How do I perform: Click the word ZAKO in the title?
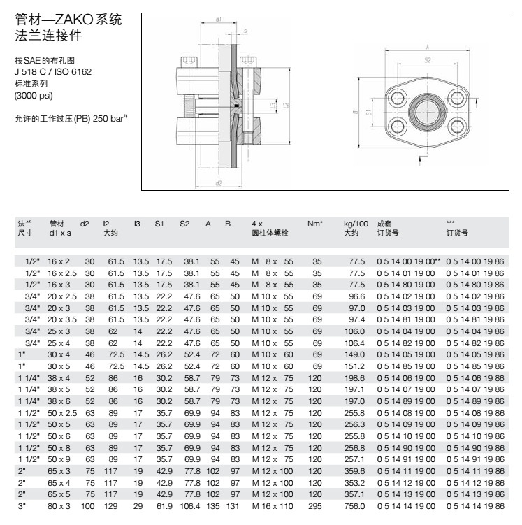coord(74,20)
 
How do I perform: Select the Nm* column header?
coord(315,224)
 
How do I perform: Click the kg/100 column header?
coord(356,224)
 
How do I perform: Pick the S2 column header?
coord(184,224)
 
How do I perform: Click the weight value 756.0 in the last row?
coord(354,506)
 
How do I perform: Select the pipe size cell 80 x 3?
coord(59,506)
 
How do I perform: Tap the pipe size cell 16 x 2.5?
coord(62,273)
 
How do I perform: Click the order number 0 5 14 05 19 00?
coord(406,354)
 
